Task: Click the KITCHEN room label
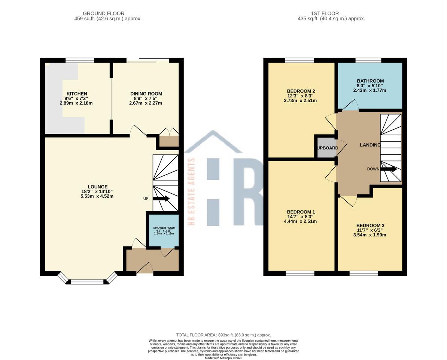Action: point(77,94)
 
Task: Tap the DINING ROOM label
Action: point(146,94)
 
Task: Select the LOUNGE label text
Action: point(97,187)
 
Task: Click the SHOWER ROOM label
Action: point(164,228)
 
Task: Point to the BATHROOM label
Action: point(370,81)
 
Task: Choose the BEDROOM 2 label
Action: point(301,91)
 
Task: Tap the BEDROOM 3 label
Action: point(370,226)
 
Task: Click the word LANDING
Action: point(370,145)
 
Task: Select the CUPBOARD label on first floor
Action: point(326,148)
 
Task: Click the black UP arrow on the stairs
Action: point(161,199)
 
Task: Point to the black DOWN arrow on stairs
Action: point(389,169)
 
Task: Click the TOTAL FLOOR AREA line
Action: point(223,335)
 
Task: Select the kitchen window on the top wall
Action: point(80,60)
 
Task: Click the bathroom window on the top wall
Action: point(368,60)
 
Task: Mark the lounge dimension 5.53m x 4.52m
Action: point(97,196)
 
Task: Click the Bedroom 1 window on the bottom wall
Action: point(300,273)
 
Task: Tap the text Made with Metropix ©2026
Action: point(223,358)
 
